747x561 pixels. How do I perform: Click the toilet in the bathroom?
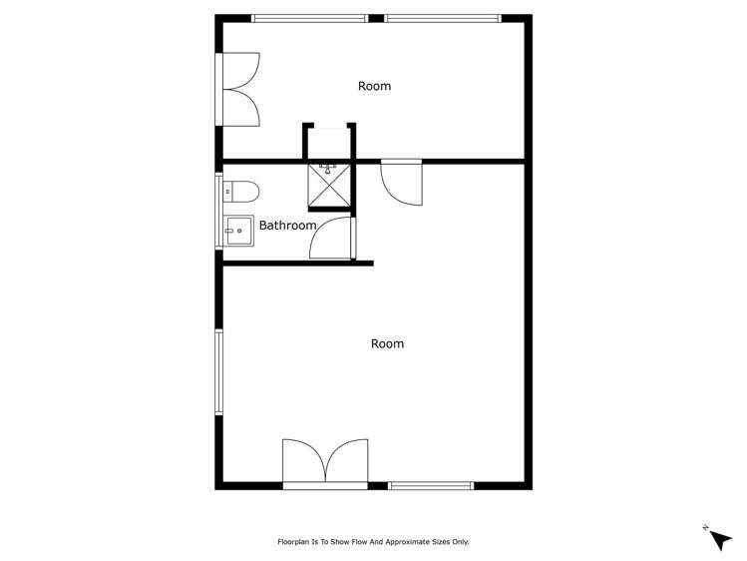click(x=242, y=191)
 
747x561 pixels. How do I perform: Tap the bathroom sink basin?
click(x=238, y=231)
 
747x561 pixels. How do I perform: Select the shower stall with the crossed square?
click(x=329, y=184)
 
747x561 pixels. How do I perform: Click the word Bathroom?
click(x=287, y=226)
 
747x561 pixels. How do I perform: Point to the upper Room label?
click(x=374, y=86)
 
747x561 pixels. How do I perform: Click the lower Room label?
click(x=387, y=343)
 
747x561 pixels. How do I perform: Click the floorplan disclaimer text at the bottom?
click(x=373, y=542)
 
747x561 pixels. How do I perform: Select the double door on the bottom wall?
click(x=325, y=463)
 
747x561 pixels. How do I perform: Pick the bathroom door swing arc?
click(x=333, y=240)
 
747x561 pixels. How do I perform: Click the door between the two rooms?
click(x=402, y=183)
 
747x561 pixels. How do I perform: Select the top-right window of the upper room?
click(x=443, y=18)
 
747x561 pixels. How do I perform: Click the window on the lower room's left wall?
click(x=218, y=371)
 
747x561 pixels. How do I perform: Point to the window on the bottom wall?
click(x=430, y=486)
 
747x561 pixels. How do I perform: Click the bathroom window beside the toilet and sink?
click(x=217, y=212)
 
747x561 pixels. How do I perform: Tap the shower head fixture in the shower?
click(x=329, y=169)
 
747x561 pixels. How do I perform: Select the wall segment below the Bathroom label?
click(x=297, y=264)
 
